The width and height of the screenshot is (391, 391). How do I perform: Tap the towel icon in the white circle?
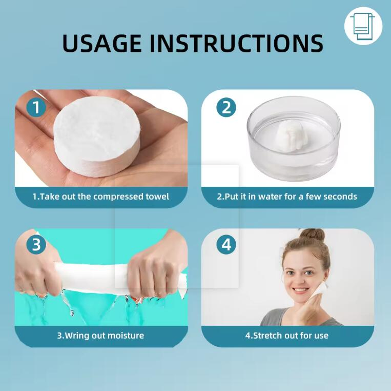[363, 26]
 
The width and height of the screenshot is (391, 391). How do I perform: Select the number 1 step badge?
[36, 108]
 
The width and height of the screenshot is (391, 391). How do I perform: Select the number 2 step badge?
[226, 108]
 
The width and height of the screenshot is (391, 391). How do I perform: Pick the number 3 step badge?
[36, 245]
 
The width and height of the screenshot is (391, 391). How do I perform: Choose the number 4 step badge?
[226, 245]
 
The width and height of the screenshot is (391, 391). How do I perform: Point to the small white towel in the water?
[286, 138]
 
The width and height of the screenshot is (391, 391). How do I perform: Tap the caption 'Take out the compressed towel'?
[101, 197]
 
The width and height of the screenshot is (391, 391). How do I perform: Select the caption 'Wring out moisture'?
[100, 336]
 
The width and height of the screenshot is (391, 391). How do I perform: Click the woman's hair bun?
[312, 236]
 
